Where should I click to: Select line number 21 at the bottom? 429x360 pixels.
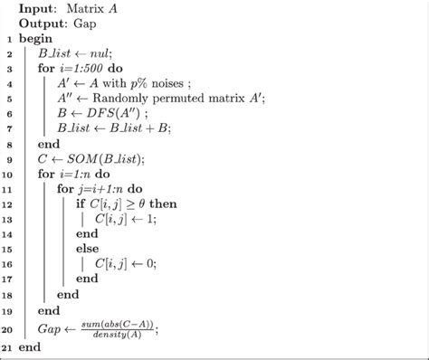pos(8,347)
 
